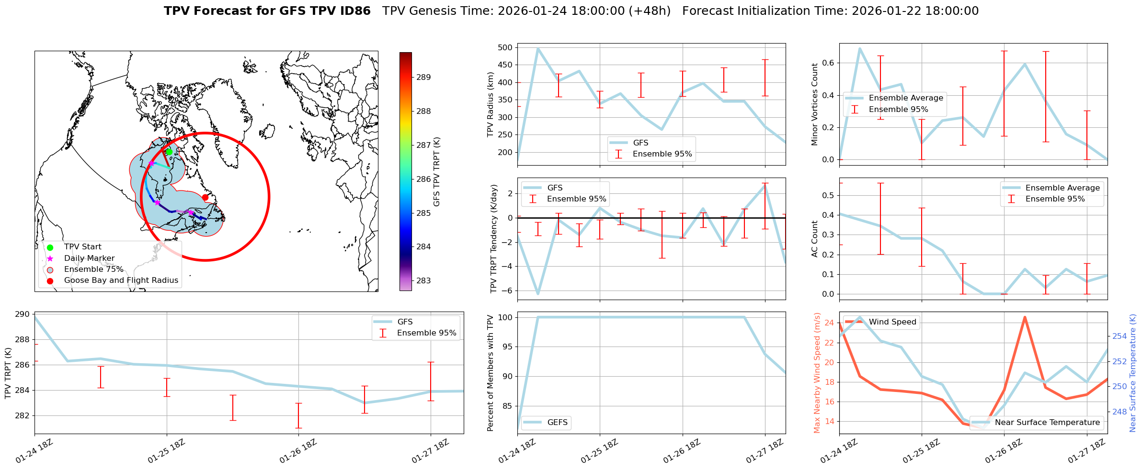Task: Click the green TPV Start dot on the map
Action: click(x=169, y=152)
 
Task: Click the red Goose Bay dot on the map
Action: click(x=205, y=197)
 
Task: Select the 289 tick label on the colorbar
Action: click(x=423, y=77)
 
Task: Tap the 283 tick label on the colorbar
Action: click(x=423, y=280)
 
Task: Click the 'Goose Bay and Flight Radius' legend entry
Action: click(x=121, y=280)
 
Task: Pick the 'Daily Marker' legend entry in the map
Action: click(x=89, y=258)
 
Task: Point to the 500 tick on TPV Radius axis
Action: click(x=505, y=47)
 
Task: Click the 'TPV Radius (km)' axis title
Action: click(x=490, y=104)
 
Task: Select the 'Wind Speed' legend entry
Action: click(x=892, y=322)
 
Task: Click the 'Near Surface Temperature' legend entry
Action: click(x=1047, y=423)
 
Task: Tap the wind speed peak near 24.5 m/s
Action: click(x=1025, y=317)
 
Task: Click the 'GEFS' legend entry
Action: click(x=557, y=423)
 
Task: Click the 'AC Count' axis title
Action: click(x=814, y=239)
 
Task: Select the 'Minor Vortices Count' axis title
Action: click(x=814, y=104)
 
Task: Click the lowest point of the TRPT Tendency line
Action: click(x=538, y=294)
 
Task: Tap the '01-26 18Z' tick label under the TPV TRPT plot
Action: click(x=297, y=451)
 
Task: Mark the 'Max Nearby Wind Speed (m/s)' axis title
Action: click(x=817, y=373)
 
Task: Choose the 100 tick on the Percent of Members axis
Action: click(x=507, y=317)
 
